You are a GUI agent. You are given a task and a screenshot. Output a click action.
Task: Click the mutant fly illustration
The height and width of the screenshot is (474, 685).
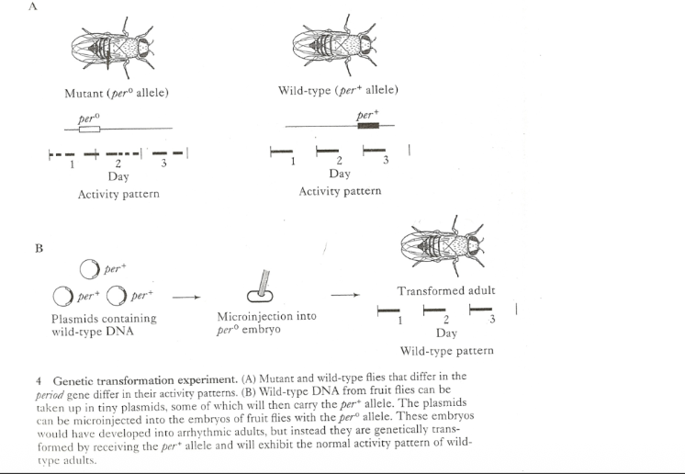tap(118, 47)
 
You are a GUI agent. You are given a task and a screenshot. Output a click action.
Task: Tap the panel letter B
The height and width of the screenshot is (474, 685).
tap(39, 248)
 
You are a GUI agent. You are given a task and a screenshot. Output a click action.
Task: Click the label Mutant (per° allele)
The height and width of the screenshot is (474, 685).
tap(117, 93)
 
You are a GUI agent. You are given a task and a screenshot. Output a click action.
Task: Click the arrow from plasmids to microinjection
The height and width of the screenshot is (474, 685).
tap(186, 297)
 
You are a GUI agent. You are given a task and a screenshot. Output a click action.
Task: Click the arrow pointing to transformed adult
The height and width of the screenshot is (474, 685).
tap(344, 296)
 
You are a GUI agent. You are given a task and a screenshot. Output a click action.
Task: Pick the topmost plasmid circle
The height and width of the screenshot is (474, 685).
tap(90, 270)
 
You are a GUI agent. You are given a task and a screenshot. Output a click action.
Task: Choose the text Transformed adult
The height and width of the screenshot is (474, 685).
tap(446, 290)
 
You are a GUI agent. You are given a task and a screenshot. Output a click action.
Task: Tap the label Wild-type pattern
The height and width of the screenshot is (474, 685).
tap(446, 350)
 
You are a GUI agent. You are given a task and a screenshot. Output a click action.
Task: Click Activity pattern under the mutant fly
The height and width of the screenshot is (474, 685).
tap(118, 194)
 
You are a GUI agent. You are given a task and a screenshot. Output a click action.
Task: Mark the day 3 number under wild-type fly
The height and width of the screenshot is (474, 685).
tap(386, 162)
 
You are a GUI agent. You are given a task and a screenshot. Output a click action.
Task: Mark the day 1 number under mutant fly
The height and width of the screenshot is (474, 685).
tap(72, 165)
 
